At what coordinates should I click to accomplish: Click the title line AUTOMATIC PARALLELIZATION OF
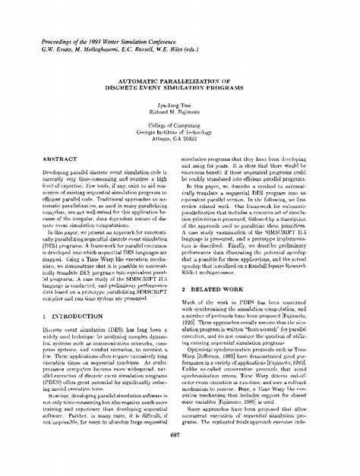[x=179, y=79]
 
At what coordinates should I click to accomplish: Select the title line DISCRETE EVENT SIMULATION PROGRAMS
[x=179, y=86]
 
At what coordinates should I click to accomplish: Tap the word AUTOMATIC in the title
[x=144, y=79]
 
